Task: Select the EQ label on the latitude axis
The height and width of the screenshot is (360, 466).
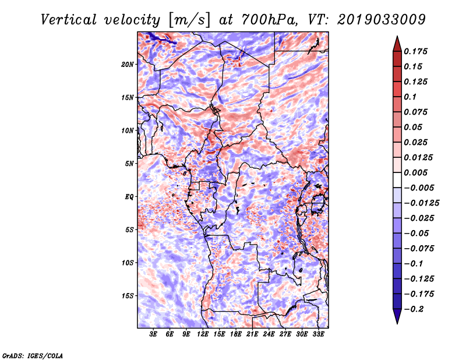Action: point(130,196)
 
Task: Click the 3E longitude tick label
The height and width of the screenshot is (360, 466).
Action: point(154,334)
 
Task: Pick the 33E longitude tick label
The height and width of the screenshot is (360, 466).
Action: point(319,334)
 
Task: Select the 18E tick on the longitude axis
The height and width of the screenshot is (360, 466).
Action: point(236,334)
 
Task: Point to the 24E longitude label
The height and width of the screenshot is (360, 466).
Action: point(269,334)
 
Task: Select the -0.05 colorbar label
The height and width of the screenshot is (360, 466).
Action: point(419,233)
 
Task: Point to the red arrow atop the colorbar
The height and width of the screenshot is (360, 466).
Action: point(397,41)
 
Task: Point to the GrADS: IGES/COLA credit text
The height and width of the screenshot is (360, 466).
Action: point(32,355)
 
